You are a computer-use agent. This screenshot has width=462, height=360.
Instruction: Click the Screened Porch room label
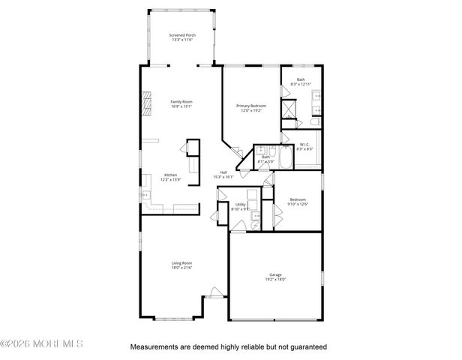click(181, 34)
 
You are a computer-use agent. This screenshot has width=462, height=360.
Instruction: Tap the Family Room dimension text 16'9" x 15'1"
click(181, 106)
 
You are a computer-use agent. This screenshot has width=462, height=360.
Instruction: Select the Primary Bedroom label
click(252, 106)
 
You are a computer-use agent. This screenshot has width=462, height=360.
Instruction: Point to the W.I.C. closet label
click(304, 145)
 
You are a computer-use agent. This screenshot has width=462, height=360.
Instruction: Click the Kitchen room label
click(171, 175)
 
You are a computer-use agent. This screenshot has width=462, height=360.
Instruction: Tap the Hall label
click(223, 172)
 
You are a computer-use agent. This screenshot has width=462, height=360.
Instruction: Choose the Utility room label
click(240, 204)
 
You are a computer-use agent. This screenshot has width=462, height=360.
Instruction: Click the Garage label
click(275, 274)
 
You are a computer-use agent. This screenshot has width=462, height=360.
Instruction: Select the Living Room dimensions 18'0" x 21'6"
click(181, 268)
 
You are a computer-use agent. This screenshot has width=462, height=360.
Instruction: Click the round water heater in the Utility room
click(256, 222)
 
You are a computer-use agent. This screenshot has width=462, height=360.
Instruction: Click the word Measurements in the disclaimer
click(155, 347)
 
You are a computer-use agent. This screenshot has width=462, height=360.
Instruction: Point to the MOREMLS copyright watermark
click(42, 344)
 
